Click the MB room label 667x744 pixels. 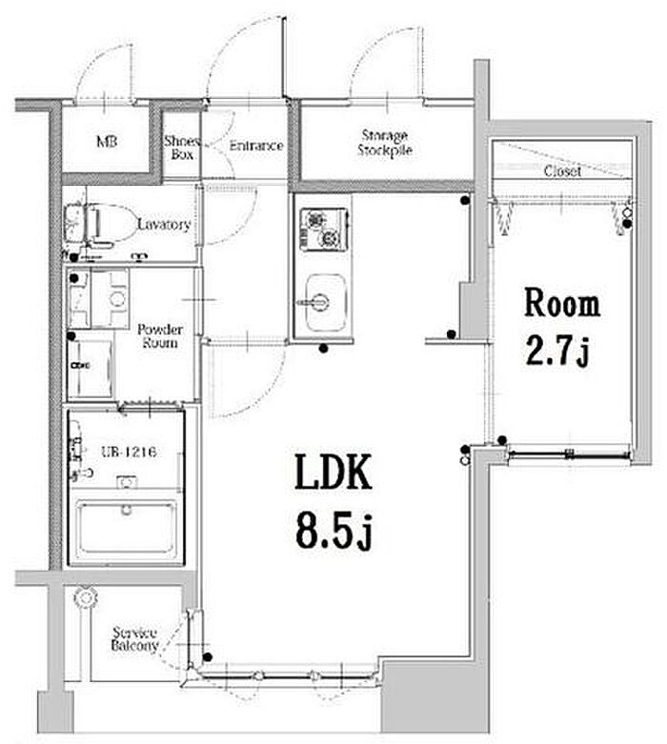click(x=107, y=141)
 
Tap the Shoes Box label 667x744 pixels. click(x=182, y=148)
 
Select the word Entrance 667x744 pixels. click(x=256, y=146)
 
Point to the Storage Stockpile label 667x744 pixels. click(x=385, y=143)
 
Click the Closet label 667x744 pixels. click(x=562, y=171)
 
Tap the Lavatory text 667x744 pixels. click(x=164, y=224)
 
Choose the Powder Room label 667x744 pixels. click(x=160, y=336)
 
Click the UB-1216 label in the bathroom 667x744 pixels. click(x=130, y=452)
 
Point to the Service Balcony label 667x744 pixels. click(x=134, y=639)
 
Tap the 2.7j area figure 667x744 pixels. click(x=557, y=352)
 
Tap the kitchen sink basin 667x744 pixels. click(x=325, y=303)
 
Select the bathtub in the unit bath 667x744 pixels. click(x=127, y=527)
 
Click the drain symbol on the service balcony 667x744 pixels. click(x=86, y=597)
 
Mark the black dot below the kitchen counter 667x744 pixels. click(x=324, y=349)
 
